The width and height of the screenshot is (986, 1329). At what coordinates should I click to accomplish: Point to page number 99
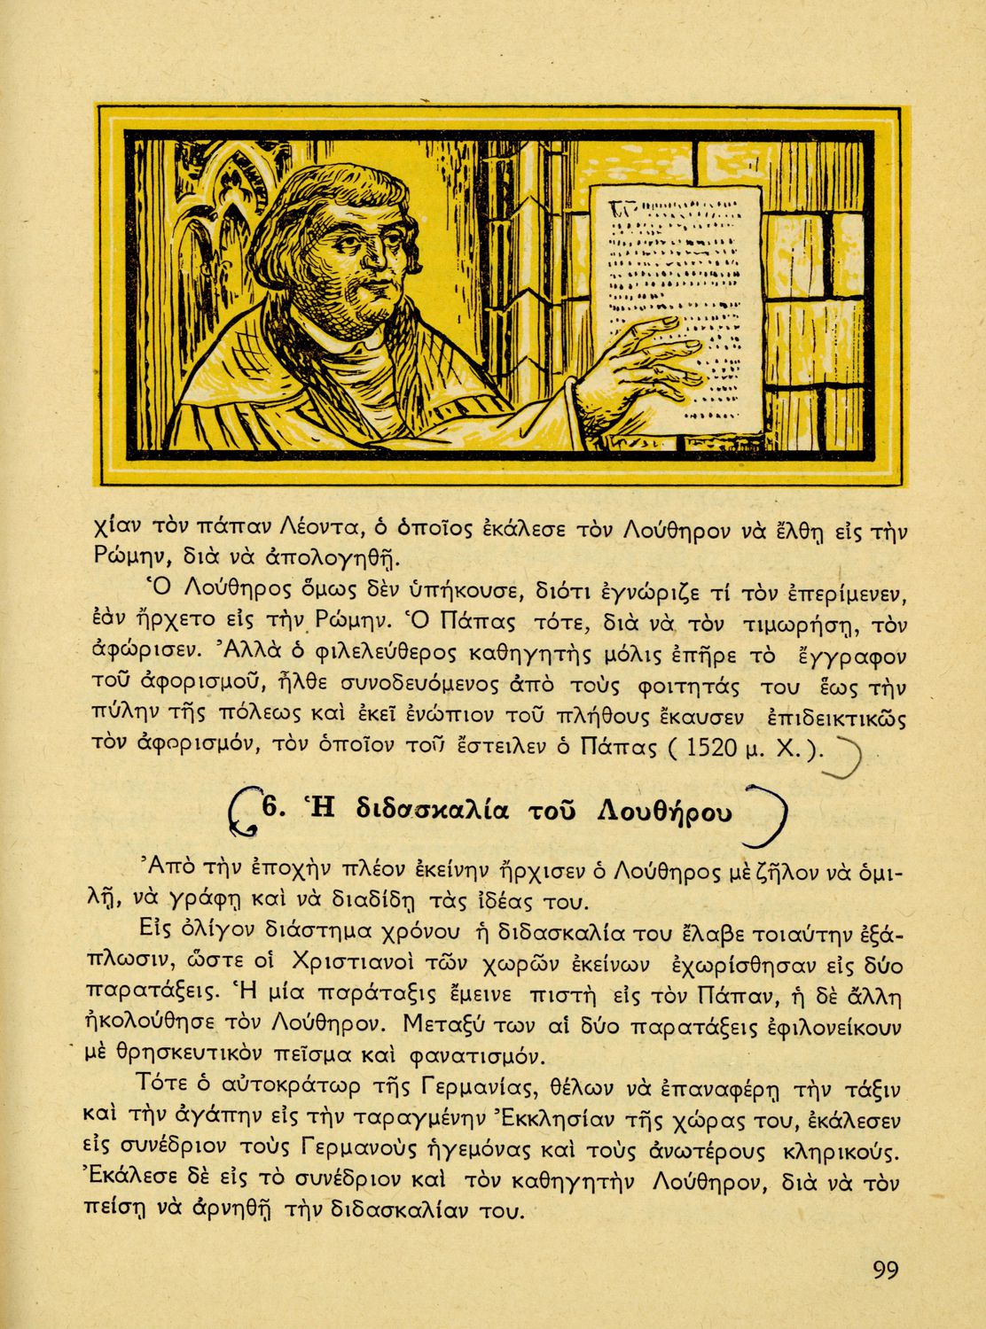coord(886,1270)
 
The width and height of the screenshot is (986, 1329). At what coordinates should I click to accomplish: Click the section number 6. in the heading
coord(270,808)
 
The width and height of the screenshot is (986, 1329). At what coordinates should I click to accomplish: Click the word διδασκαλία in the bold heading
coord(431,809)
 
